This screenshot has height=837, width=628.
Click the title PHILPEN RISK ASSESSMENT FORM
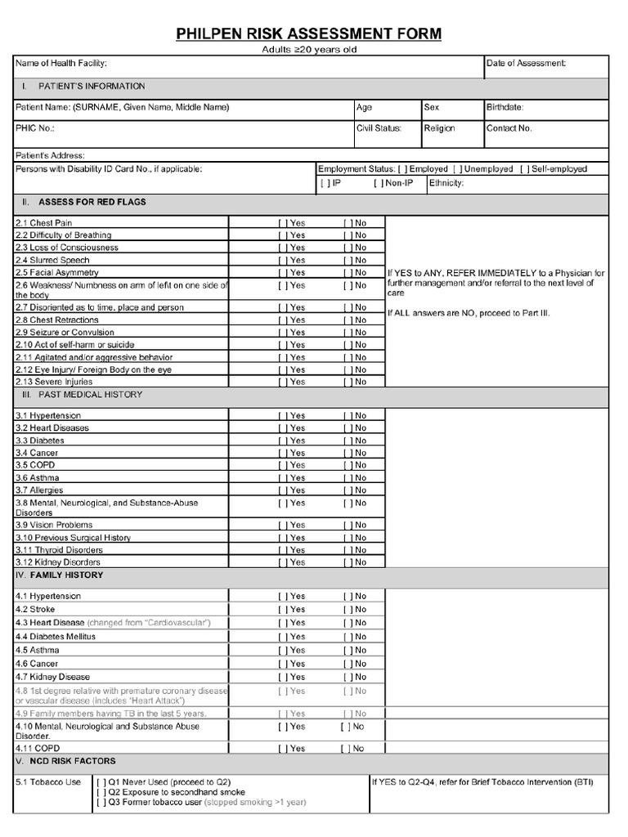(309, 34)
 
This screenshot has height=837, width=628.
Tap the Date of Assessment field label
(526, 63)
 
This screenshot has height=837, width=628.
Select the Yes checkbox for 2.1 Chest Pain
(282, 223)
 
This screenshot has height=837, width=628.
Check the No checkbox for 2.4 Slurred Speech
(347, 260)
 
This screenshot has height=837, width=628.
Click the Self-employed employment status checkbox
(523, 169)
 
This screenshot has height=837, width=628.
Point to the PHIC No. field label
(35, 128)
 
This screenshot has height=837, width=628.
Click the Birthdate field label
(505, 107)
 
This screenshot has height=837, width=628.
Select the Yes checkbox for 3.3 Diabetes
(282, 441)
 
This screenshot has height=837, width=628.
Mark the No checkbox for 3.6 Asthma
(347, 478)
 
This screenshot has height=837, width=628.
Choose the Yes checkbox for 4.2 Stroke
(282, 609)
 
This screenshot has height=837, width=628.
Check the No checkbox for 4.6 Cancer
(347, 664)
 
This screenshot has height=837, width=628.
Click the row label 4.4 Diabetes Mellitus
(56, 636)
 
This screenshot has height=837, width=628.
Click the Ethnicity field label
(447, 183)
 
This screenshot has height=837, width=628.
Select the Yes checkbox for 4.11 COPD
(282, 749)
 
